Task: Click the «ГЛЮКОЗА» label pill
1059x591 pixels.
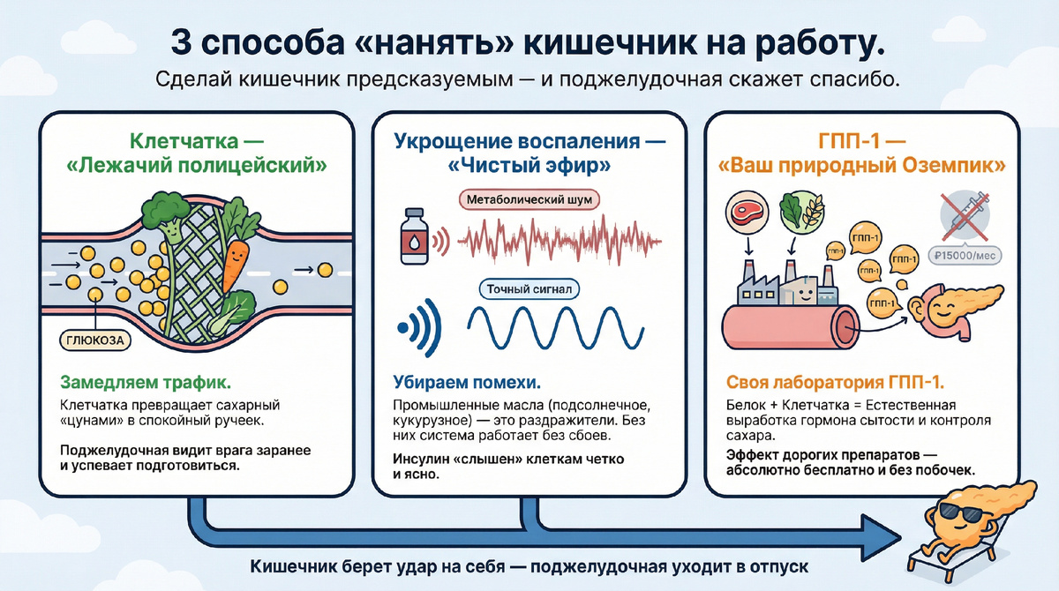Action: (95, 340)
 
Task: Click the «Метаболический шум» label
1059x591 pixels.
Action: (529, 199)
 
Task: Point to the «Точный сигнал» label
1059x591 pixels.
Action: (529, 289)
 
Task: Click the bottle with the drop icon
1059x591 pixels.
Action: (414, 236)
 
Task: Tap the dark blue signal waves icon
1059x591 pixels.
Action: (420, 327)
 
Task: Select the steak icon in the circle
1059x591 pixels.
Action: (747, 213)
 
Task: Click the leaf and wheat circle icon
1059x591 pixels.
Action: (801, 213)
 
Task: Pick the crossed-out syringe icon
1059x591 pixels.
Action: (965, 216)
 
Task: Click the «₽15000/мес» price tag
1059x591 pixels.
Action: (965, 256)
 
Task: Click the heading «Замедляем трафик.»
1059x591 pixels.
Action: (146, 382)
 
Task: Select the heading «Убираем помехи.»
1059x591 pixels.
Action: (467, 382)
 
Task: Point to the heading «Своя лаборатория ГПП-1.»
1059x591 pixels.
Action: (835, 382)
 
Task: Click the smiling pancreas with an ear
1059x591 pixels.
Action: (955, 310)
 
